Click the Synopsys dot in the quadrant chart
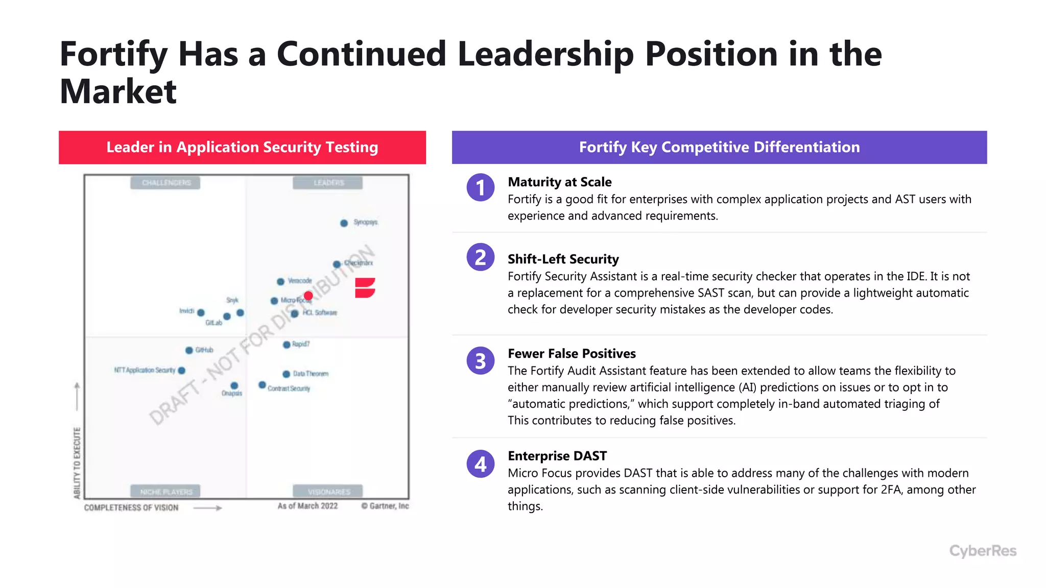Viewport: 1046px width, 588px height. point(344,223)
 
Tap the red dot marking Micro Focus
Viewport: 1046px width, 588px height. point(308,296)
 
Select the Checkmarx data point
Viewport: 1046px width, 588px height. point(337,264)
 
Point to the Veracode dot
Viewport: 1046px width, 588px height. point(280,282)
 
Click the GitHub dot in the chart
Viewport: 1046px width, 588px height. point(189,350)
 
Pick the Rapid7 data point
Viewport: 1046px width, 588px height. point(287,345)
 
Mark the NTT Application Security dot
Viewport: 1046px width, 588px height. point(181,371)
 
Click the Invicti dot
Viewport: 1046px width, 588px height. point(201,312)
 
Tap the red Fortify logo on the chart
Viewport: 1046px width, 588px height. point(365,288)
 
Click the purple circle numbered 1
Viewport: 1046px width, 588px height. point(480,187)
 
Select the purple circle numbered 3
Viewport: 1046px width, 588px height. point(480,361)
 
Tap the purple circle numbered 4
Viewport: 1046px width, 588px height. point(480,464)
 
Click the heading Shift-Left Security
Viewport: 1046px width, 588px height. point(563,259)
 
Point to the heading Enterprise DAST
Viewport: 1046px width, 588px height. point(557,456)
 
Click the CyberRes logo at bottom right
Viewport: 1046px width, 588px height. point(983,551)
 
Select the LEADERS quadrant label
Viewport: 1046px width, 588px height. point(328,183)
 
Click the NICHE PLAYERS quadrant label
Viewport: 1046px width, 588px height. point(166,492)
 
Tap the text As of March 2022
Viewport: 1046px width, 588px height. point(307,506)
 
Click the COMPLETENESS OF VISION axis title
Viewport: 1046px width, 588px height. point(131,507)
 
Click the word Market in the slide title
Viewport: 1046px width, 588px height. point(118,92)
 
